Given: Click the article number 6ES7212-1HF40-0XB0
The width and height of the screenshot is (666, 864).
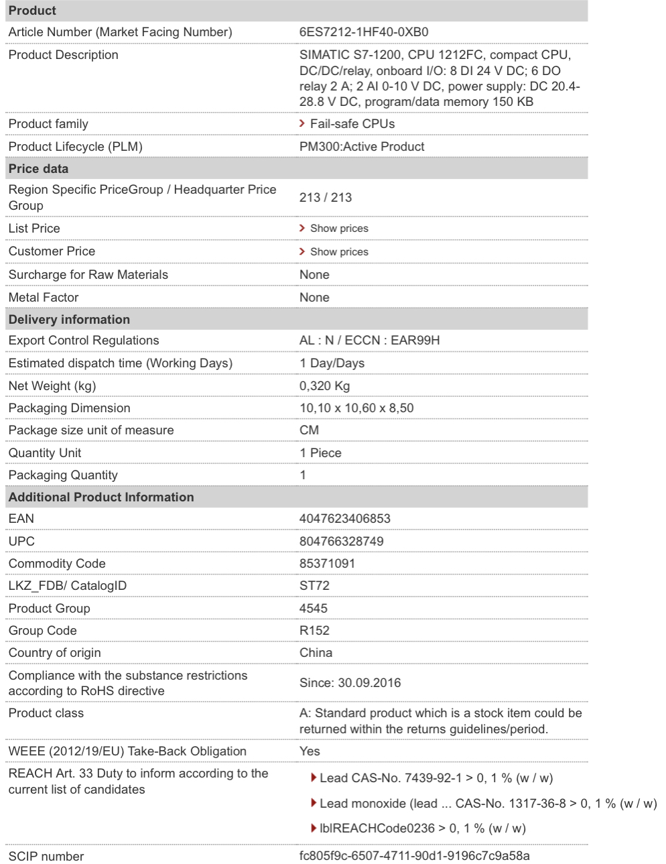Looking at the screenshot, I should tap(363, 32).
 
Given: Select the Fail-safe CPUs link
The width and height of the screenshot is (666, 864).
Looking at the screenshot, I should tap(352, 124).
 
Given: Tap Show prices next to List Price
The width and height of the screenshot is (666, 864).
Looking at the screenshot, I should tap(338, 229).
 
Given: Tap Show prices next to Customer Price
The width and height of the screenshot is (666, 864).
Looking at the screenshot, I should tap(338, 252).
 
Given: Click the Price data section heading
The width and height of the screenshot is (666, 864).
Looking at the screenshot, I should tap(38, 169).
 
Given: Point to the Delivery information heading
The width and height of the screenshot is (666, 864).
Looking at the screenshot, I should tap(69, 320).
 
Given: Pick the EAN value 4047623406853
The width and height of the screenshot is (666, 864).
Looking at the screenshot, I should tap(344, 519).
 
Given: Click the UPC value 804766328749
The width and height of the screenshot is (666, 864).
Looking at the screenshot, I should tap(341, 542).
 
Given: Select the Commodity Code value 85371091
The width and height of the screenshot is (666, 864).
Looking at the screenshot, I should tap(327, 564).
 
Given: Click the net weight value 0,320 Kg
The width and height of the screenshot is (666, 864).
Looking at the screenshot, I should tap(324, 386).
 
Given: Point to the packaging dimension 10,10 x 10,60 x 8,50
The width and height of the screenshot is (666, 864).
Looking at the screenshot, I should tap(356, 408).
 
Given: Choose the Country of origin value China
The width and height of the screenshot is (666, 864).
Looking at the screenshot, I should tap(316, 653).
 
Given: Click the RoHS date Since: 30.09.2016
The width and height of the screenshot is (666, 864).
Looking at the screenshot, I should tap(350, 683).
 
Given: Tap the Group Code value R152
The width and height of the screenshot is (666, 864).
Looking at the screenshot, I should tap(314, 631).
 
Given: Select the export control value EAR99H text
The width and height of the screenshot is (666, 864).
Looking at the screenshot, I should tap(415, 341).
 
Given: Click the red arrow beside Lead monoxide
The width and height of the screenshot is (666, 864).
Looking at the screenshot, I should tap(314, 803).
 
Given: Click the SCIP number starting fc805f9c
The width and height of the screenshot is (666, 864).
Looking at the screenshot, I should tap(414, 856).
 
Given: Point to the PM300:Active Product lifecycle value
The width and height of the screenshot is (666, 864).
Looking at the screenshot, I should tap(362, 147).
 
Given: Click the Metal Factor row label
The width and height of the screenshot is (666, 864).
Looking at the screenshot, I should tap(44, 298).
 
